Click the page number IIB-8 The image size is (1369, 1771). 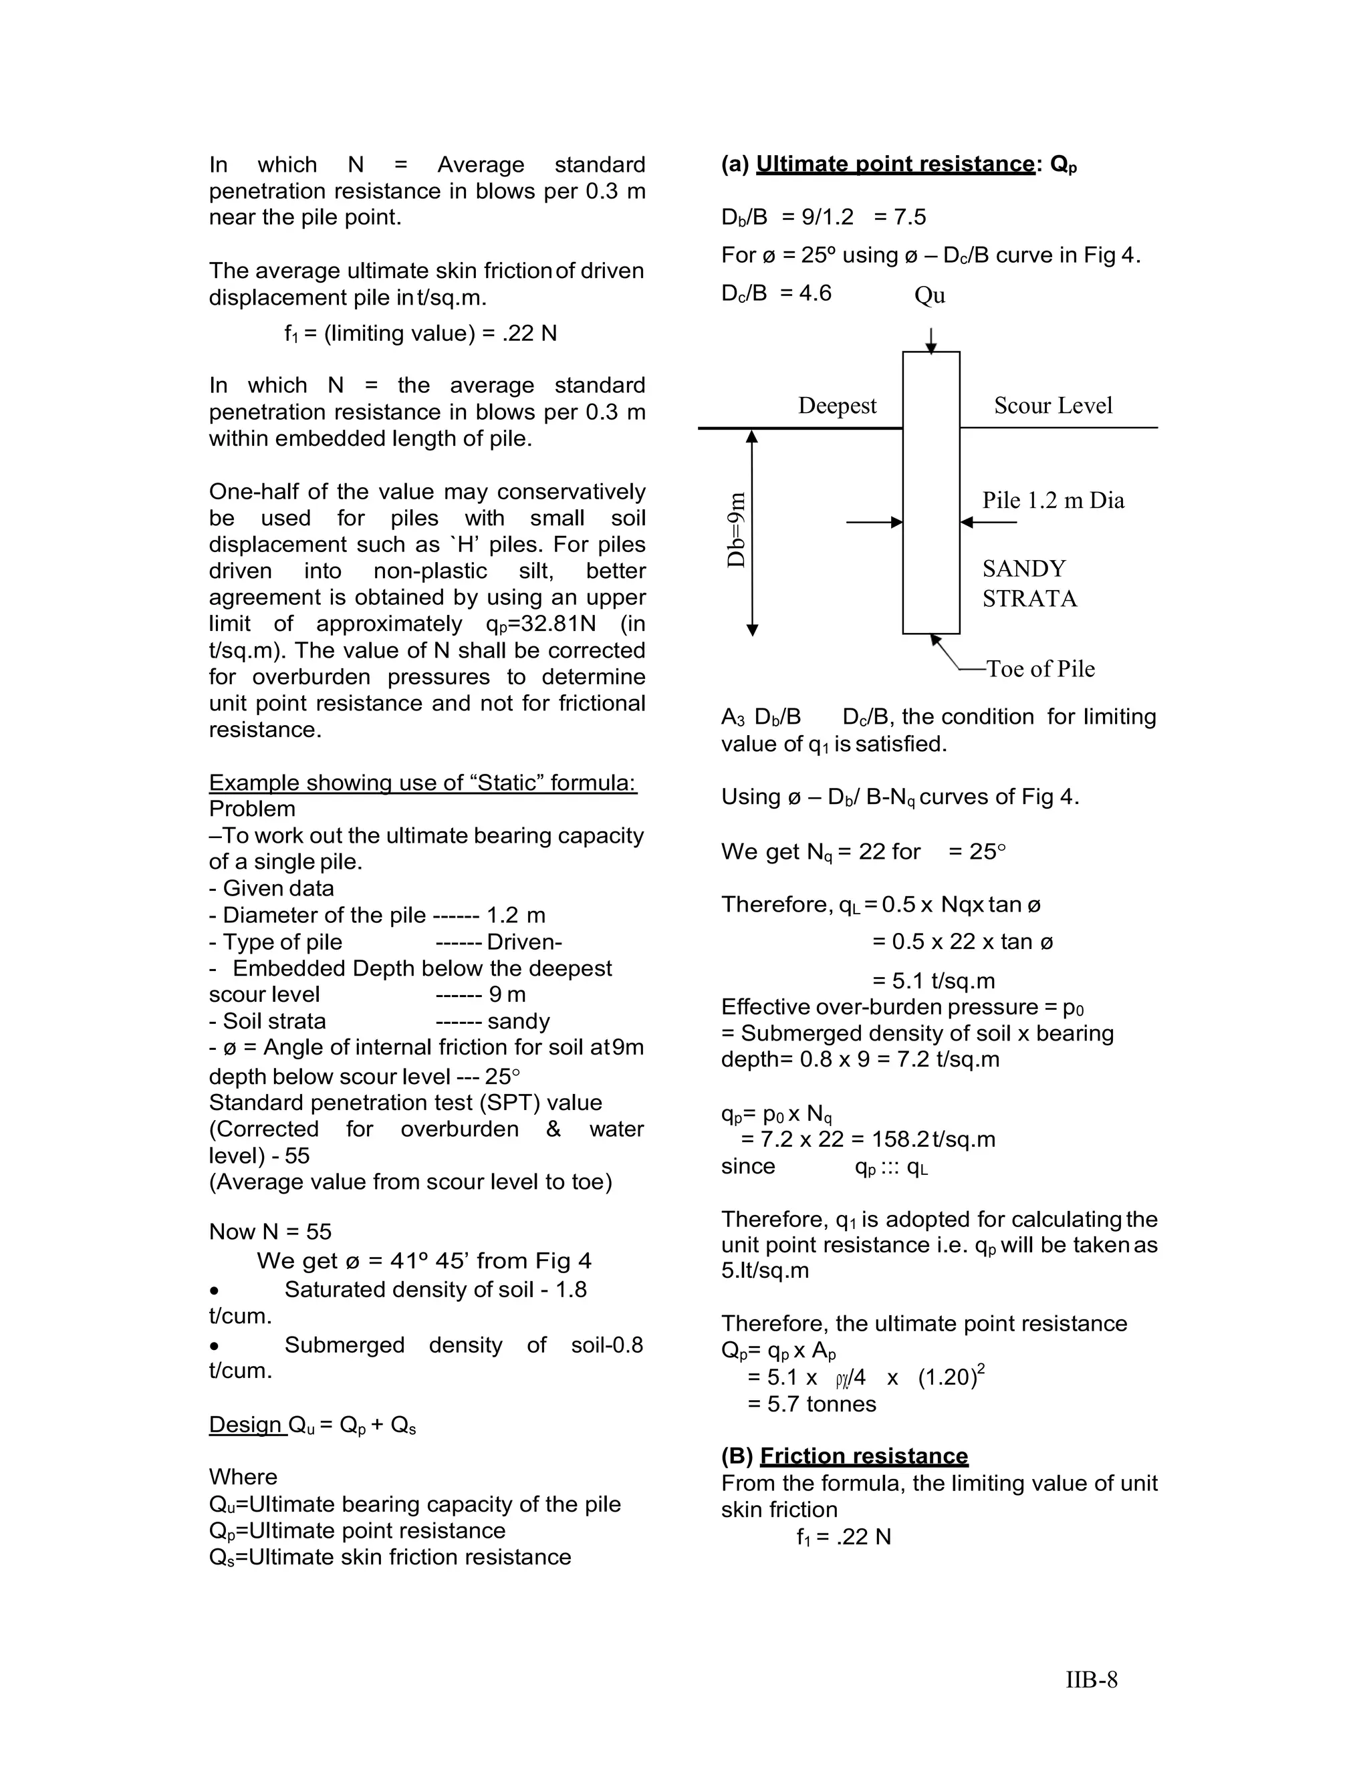(x=1091, y=1679)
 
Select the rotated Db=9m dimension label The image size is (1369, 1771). (x=735, y=531)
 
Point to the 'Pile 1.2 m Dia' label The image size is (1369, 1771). (x=1053, y=501)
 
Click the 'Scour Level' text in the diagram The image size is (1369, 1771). (x=1053, y=406)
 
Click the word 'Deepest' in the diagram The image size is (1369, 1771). (x=837, y=406)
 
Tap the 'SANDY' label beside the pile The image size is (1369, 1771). (x=1023, y=569)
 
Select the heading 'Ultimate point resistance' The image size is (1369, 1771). (x=894, y=164)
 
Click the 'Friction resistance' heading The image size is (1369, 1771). (x=864, y=1456)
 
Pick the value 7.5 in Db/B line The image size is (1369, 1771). (x=908, y=217)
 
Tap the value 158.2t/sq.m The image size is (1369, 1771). (x=932, y=1139)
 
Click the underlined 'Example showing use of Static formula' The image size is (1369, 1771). (x=422, y=783)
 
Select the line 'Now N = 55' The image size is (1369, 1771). (x=270, y=1232)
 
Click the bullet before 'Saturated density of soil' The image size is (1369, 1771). (x=214, y=1290)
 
